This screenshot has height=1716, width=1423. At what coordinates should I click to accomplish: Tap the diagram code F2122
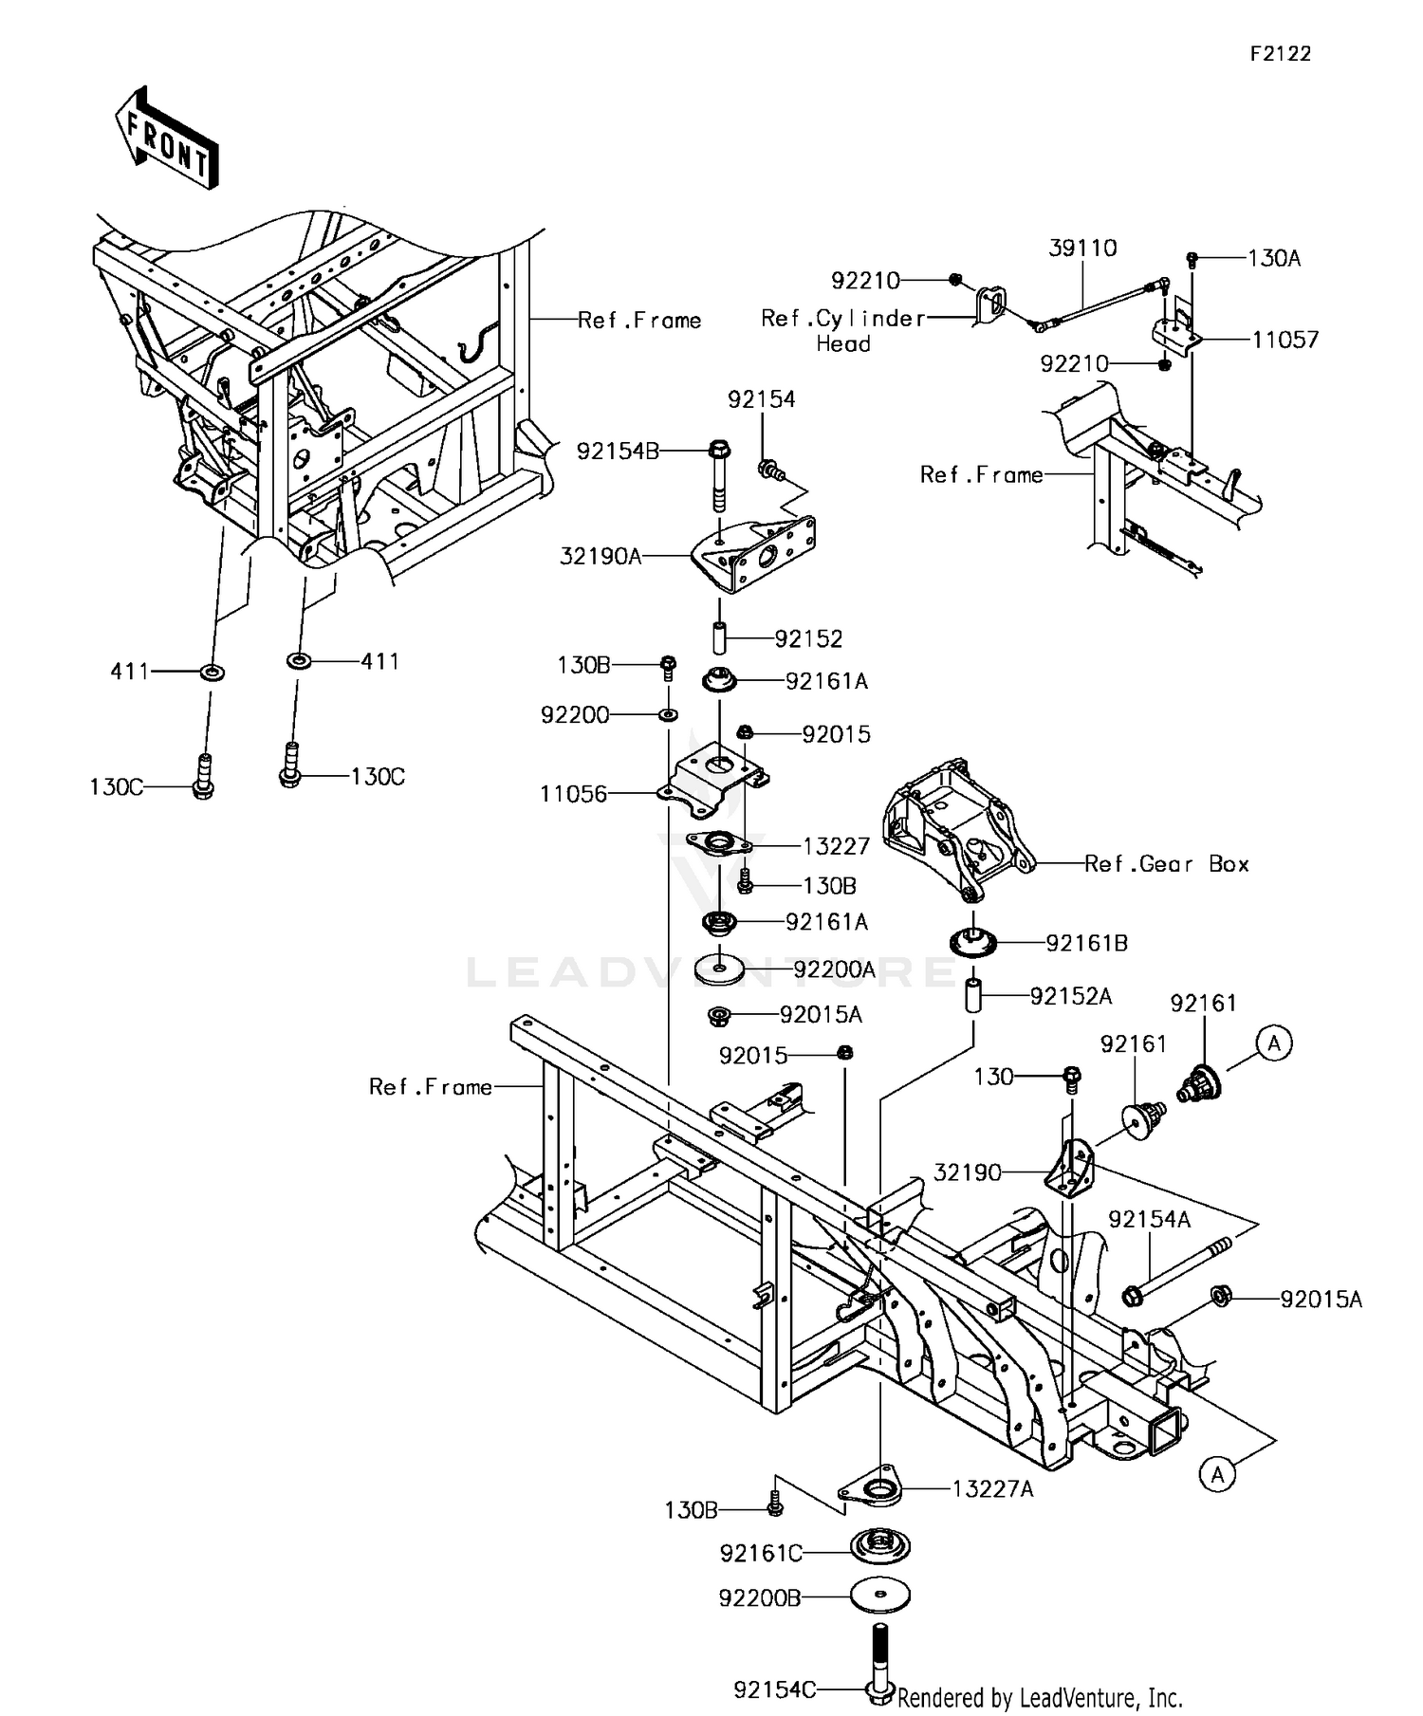point(1279,54)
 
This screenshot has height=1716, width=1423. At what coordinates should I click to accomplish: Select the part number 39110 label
point(1082,248)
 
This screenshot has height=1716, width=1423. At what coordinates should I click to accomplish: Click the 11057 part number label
point(1285,340)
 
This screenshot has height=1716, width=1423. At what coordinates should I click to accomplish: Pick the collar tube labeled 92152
point(719,637)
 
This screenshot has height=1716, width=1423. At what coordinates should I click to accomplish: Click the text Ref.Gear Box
point(1166,863)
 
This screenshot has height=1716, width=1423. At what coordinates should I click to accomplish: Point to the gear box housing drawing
point(953,825)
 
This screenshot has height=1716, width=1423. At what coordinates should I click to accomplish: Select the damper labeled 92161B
point(972,942)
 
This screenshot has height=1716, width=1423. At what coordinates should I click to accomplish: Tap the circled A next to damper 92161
point(1274,1043)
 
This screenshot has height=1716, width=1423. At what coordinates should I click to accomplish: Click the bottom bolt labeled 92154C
point(880,1665)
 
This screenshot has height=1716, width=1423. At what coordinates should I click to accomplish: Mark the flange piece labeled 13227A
point(873,1490)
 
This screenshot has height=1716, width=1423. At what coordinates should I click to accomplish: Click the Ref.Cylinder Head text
point(842,330)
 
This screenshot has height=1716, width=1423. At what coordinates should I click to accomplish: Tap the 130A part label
point(1274,258)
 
